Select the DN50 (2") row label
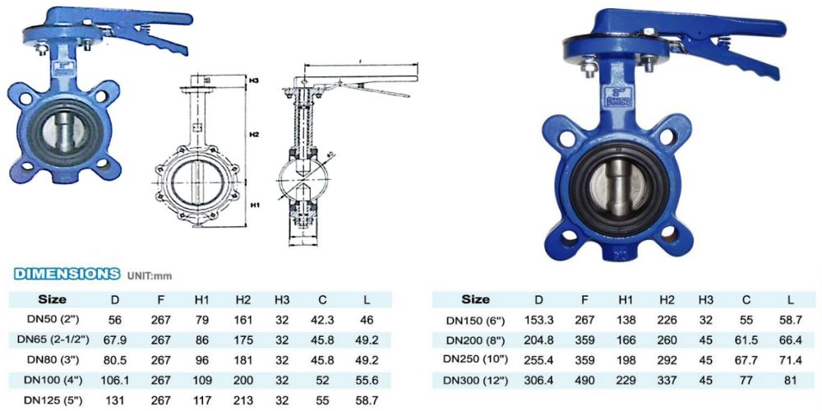pos(53,320)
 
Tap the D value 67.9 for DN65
pos(116,339)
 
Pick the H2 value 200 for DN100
pos(242,380)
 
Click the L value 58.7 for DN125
pos(367,400)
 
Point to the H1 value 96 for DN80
pos(202,360)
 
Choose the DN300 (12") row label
pos(477,381)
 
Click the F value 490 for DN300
pos(584,381)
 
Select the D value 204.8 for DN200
pos(539,340)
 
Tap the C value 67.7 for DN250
pos(746,360)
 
